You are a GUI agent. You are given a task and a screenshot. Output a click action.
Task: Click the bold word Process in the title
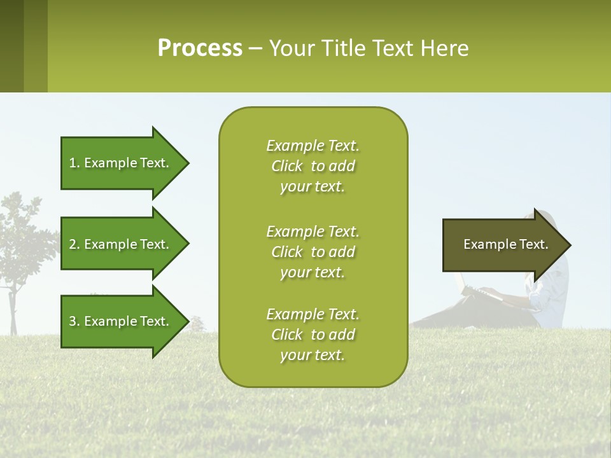200,48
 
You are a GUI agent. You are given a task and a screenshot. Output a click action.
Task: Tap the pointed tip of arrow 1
186,163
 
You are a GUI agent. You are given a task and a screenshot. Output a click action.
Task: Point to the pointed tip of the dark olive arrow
568,245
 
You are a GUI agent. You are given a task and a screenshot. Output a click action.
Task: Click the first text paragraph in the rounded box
313,166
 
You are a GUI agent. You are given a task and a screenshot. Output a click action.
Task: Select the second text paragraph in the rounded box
313,252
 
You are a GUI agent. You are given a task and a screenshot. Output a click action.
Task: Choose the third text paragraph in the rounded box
313,335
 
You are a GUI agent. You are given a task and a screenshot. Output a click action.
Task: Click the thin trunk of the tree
12,312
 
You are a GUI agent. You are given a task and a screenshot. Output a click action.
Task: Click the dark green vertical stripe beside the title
11,46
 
